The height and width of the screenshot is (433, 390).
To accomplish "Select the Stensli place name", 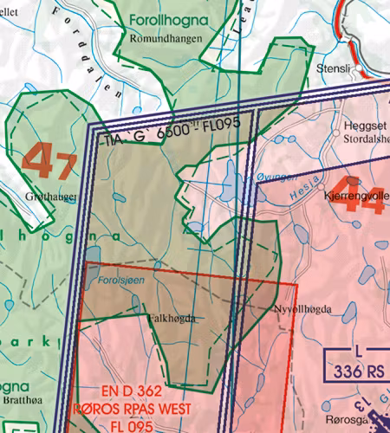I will click(334, 67).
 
